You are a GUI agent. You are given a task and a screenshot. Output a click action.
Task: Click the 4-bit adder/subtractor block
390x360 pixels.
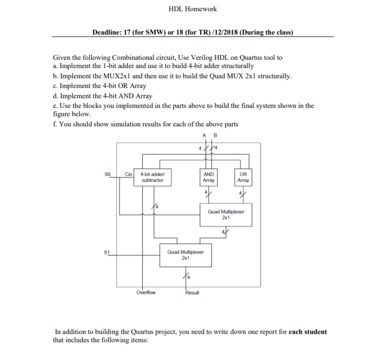click(x=153, y=177)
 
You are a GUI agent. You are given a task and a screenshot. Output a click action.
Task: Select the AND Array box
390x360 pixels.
click(x=208, y=177)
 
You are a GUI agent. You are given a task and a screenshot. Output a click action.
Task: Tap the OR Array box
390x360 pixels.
click(x=243, y=177)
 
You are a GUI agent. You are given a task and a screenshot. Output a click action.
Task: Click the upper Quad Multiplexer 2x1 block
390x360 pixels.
click(x=226, y=215)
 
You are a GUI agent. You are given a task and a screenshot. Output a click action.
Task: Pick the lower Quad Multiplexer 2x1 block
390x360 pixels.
click(x=186, y=255)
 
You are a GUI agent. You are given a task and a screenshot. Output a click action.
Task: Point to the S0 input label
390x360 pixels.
click(x=107, y=174)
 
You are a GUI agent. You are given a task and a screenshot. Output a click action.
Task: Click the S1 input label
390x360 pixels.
click(x=107, y=252)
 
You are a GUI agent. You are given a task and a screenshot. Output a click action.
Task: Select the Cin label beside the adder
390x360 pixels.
click(x=128, y=174)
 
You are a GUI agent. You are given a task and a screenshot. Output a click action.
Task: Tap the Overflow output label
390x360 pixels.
click(x=146, y=292)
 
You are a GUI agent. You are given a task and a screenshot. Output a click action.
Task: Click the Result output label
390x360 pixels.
click(x=192, y=292)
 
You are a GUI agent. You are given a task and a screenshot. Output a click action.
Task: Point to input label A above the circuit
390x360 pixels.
click(x=204, y=136)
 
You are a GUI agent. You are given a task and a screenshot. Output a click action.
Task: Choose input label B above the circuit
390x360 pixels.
click(x=215, y=136)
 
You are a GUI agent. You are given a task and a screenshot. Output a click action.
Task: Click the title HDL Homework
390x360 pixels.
click(x=193, y=9)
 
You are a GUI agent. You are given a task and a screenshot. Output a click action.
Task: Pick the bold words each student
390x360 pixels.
click(x=307, y=332)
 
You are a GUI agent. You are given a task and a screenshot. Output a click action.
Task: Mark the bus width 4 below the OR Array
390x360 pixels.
click(x=240, y=193)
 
